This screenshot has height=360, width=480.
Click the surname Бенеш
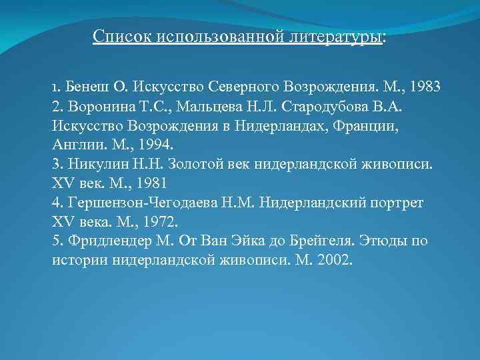[83, 87]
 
